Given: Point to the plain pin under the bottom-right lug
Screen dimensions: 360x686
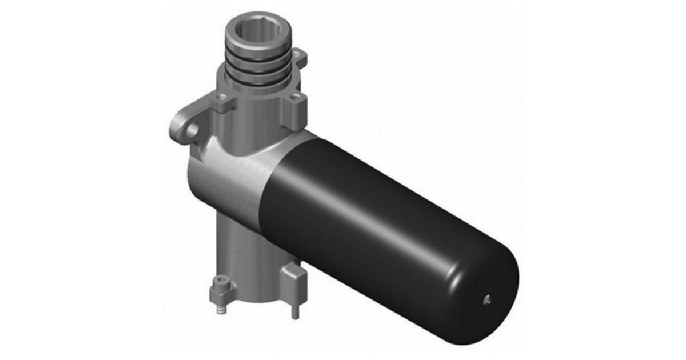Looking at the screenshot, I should pos(294,309).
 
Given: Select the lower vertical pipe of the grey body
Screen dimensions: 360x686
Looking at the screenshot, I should pos(240,251).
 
